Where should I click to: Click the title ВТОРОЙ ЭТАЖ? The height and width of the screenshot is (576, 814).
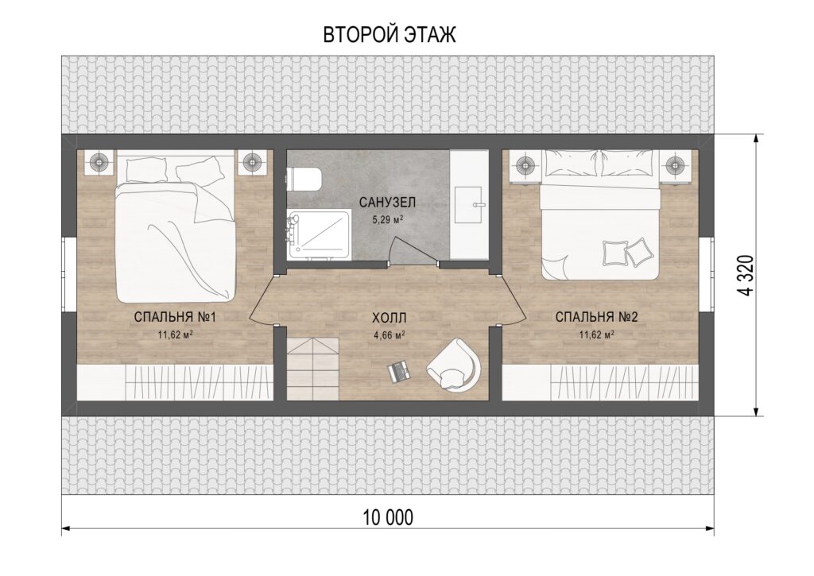[x=390, y=35]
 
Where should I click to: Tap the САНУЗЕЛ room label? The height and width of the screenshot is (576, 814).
[x=387, y=203]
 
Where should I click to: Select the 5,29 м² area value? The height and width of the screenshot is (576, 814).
[x=388, y=219]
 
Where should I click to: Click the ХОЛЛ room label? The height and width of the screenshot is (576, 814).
[x=389, y=318]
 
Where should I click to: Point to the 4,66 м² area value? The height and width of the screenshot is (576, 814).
[x=390, y=334]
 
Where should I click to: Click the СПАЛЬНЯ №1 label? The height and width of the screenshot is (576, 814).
[x=175, y=316]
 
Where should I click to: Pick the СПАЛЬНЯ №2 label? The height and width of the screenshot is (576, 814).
[x=596, y=316]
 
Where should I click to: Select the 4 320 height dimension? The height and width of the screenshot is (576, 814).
[x=745, y=275]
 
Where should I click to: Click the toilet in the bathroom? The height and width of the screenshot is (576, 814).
[x=304, y=179]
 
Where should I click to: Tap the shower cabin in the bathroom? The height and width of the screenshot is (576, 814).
[x=318, y=234]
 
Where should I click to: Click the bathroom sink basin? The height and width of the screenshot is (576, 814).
[x=470, y=204]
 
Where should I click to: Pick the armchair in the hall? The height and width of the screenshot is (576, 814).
[x=452, y=365]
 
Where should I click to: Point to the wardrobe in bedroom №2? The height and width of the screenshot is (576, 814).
[x=599, y=382]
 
